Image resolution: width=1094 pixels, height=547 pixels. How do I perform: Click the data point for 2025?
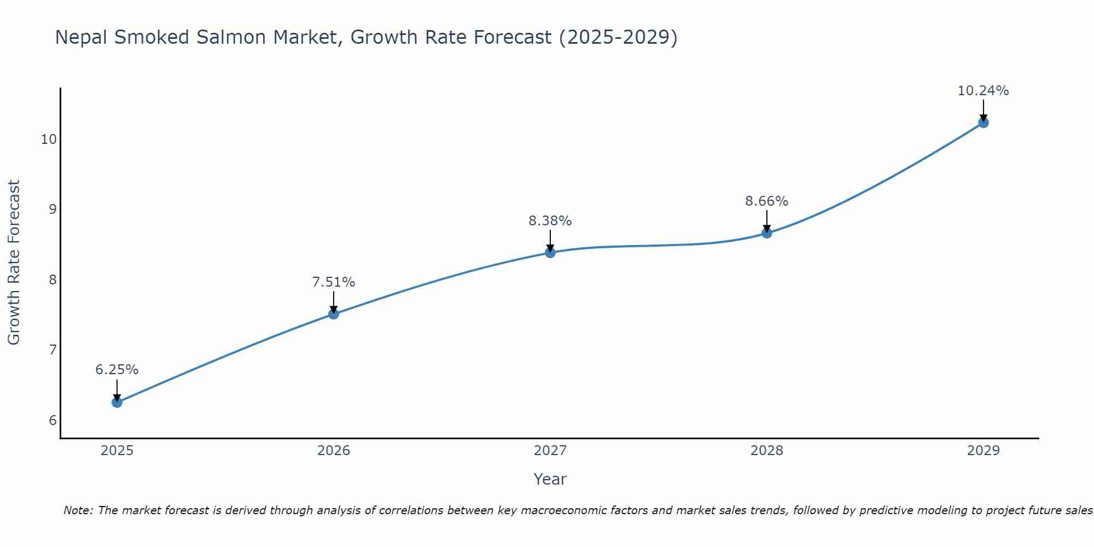117,403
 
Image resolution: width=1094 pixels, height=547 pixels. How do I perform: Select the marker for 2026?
334,314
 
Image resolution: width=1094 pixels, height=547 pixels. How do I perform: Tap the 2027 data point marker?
550,253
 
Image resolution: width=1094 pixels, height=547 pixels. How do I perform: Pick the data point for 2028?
767,233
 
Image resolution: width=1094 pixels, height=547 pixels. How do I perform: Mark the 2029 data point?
984,123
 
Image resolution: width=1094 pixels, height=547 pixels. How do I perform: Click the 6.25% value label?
117,370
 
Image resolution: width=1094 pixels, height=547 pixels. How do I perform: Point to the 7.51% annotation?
334,282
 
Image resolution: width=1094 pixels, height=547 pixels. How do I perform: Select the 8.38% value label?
550,221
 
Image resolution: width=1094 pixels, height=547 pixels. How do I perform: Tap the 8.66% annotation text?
767,201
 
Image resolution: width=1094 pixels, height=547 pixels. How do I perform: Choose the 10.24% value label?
984,91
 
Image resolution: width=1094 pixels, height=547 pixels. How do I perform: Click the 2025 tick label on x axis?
117,451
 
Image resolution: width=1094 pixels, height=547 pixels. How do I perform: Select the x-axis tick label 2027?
550,451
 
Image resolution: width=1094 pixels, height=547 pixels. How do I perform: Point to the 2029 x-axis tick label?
984,451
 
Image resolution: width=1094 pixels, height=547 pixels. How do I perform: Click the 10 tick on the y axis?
49,139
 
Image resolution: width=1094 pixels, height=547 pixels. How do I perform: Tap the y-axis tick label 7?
53,350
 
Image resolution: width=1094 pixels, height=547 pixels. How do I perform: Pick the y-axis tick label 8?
53,280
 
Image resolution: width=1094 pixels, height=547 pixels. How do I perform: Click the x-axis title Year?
550,479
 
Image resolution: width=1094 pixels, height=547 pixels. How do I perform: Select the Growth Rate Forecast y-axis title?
14,263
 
